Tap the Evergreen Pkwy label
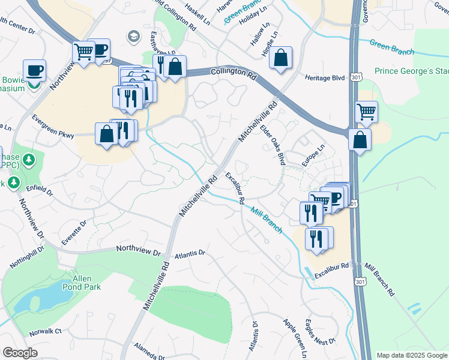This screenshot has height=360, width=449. (x=53, y=126)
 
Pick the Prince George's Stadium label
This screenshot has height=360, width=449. (x=411, y=71)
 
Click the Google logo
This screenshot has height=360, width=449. (x=20, y=353)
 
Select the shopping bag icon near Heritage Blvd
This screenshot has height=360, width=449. (x=280, y=58)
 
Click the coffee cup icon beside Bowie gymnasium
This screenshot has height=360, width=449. (x=34, y=70)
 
